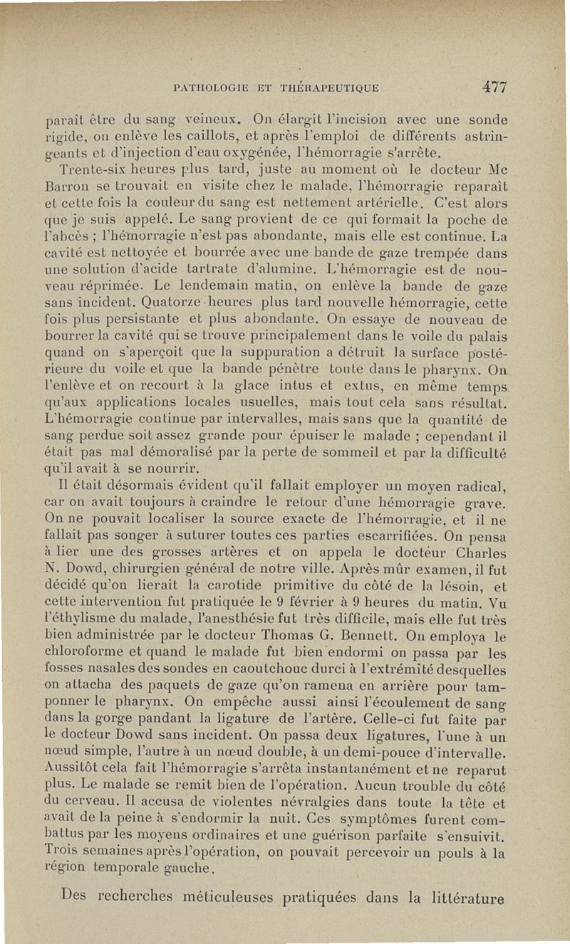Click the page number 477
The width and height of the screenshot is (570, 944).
494,87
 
